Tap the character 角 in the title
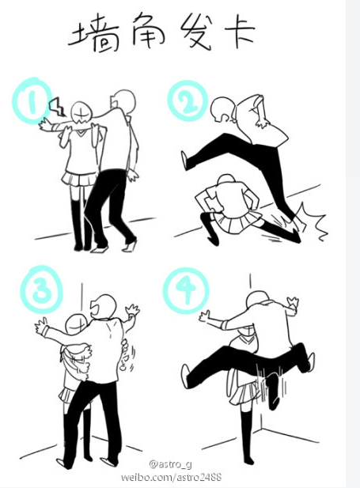pyautogui.click(x=148, y=30)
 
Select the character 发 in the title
pyautogui.click(x=197, y=31)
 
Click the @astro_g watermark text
pyautogui.click(x=170, y=464)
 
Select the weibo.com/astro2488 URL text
pyautogui.click(x=171, y=477)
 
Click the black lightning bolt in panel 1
pyautogui.click(x=57, y=107)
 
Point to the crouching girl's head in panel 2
pyautogui.click(x=226, y=180)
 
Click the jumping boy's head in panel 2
pyautogui.click(x=222, y=110)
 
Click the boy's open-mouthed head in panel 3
pyautogui.click(x=104, y=307)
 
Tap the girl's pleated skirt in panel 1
pyautogui.click(x=79, y=178)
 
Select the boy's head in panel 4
pyautogui.click(x=257, y=300)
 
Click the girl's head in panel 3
pyautogui.click(x=76, y=324)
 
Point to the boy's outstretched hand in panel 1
pyautogui.click(x=46, y=125)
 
